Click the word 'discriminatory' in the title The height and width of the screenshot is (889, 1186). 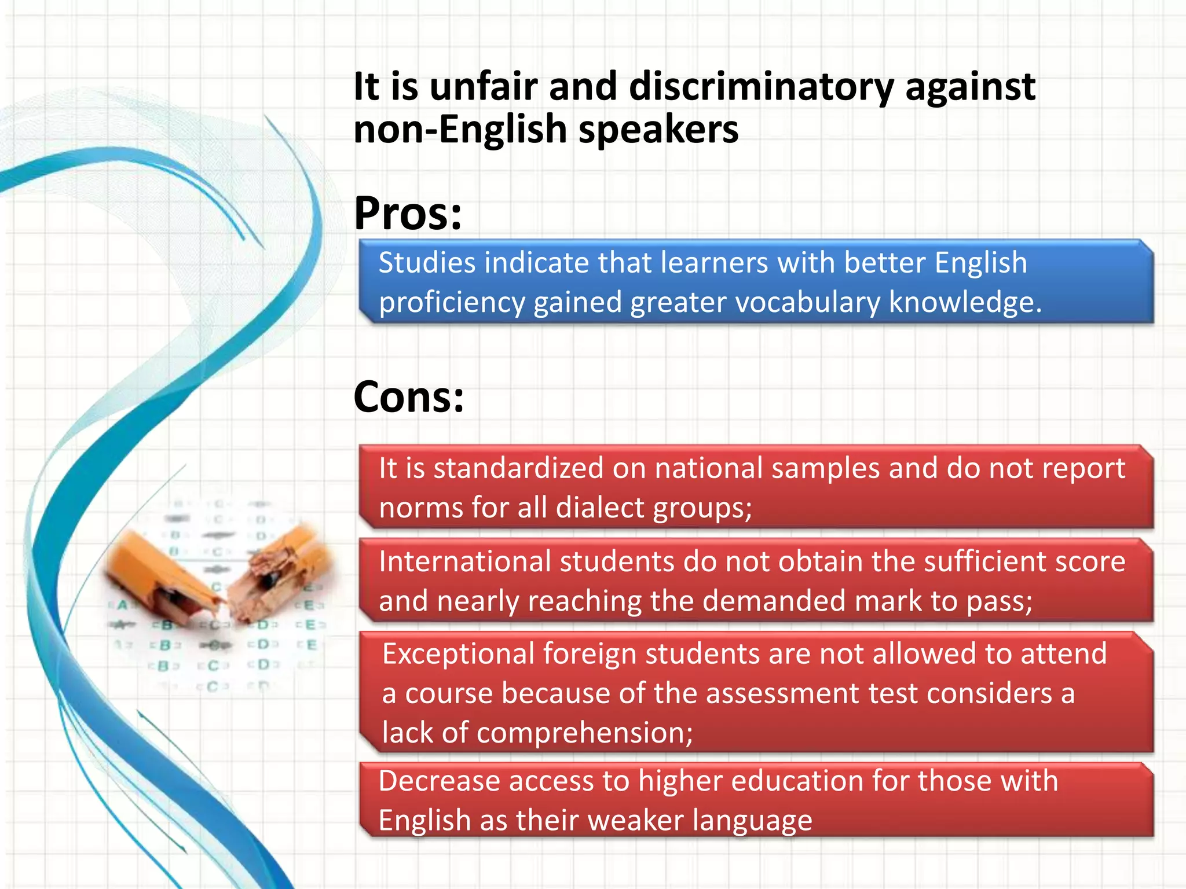tap(761, 87)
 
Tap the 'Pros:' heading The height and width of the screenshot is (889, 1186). tap(408, 213)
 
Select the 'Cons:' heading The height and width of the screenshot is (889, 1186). tap(408, 397)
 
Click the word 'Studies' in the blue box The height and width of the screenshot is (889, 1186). tap(427, 263)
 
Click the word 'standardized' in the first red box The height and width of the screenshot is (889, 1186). tap(518, 468)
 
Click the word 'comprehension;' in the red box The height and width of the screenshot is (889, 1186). tap(584, 733)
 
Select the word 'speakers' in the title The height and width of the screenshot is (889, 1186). tap(658, 130)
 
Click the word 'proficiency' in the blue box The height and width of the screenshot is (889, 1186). tap(452, 303)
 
